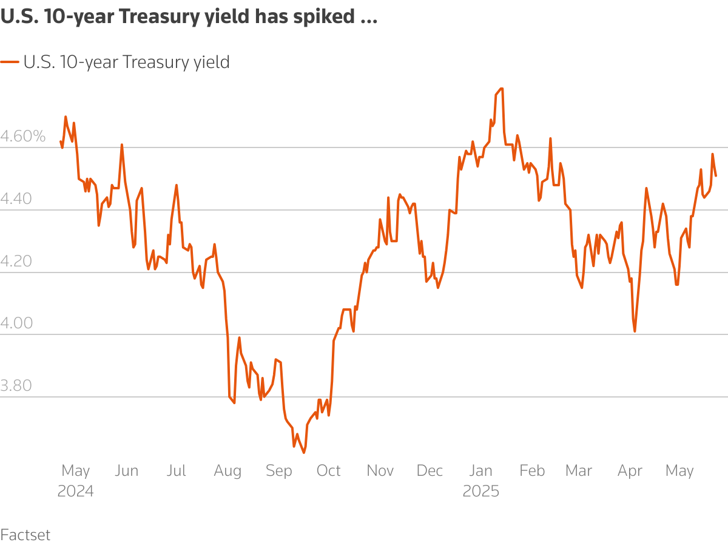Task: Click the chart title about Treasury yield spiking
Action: (x=189, y=18)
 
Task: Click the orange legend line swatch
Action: (x=10, y=62)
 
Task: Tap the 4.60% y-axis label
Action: (x=23, y=137)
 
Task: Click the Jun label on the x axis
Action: (x=126, y=471)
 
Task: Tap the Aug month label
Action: (x=227, y=471)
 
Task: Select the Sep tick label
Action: (x=278, y=471)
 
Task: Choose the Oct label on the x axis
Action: (x=329, y=471)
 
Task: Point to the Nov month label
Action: (x=380, y=471)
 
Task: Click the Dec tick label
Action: (x=430, y=471)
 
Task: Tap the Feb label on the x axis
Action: (x=532, y=471)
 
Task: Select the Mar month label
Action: (x=579, y=471)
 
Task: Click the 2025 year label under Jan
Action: (x=481, y=491)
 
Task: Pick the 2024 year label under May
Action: (x=76, y=491)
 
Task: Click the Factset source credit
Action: (x=25, y=535)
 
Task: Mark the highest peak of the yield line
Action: (x=501, y=89)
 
